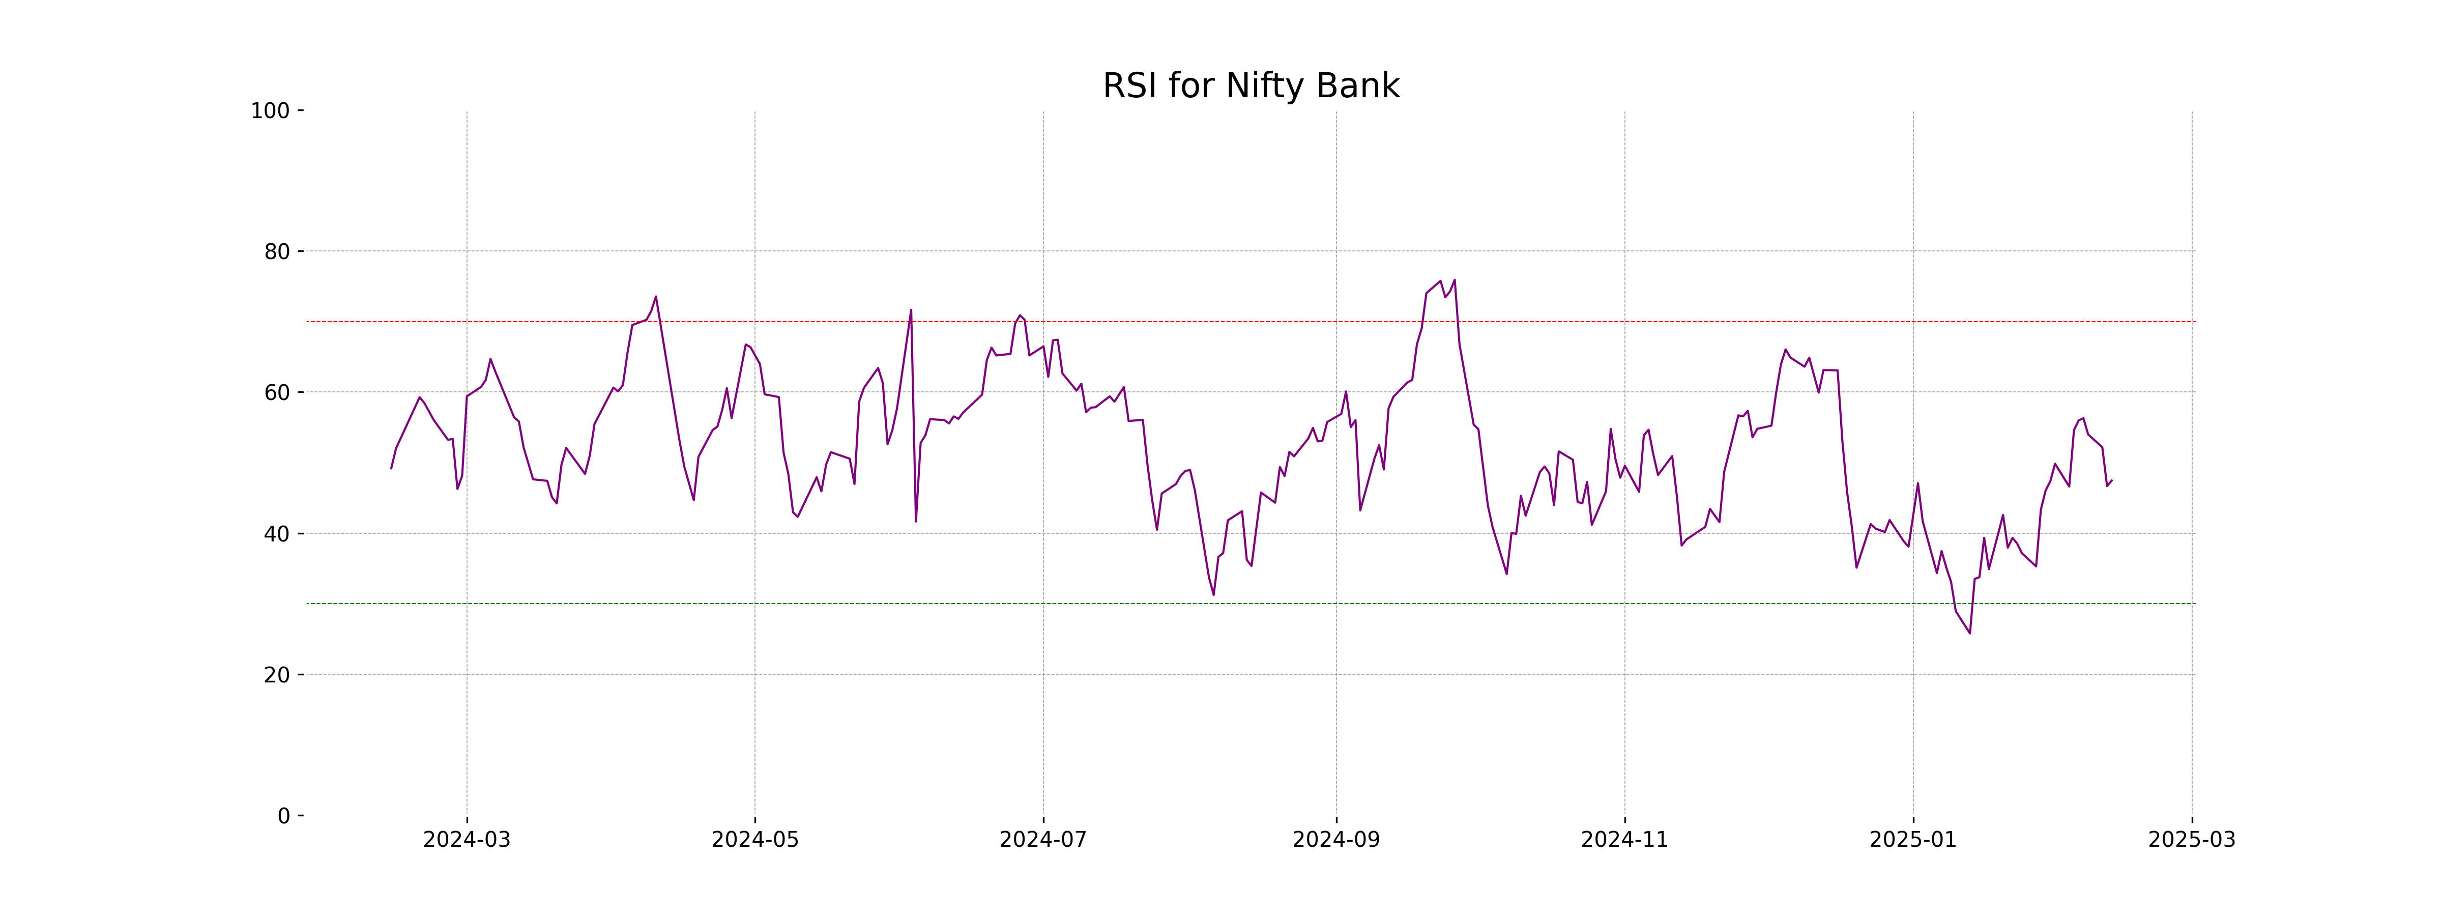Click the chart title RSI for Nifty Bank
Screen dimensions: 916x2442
1251,87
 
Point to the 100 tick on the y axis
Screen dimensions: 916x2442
270,111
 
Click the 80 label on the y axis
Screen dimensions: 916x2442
277,252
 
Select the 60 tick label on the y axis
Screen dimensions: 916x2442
277,392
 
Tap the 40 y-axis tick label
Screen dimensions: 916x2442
277,534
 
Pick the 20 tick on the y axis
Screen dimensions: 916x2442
277,675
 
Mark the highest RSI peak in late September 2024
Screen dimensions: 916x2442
1454,280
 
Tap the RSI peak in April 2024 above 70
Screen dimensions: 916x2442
656,297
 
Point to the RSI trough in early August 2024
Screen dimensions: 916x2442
1213,594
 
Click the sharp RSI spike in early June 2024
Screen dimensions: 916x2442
911,310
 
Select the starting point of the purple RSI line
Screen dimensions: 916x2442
391,468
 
